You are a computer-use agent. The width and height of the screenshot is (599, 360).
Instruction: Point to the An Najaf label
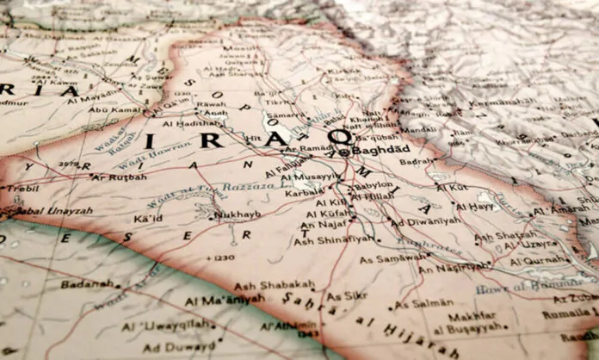321,225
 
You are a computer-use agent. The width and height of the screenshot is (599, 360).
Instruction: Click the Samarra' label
287,115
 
